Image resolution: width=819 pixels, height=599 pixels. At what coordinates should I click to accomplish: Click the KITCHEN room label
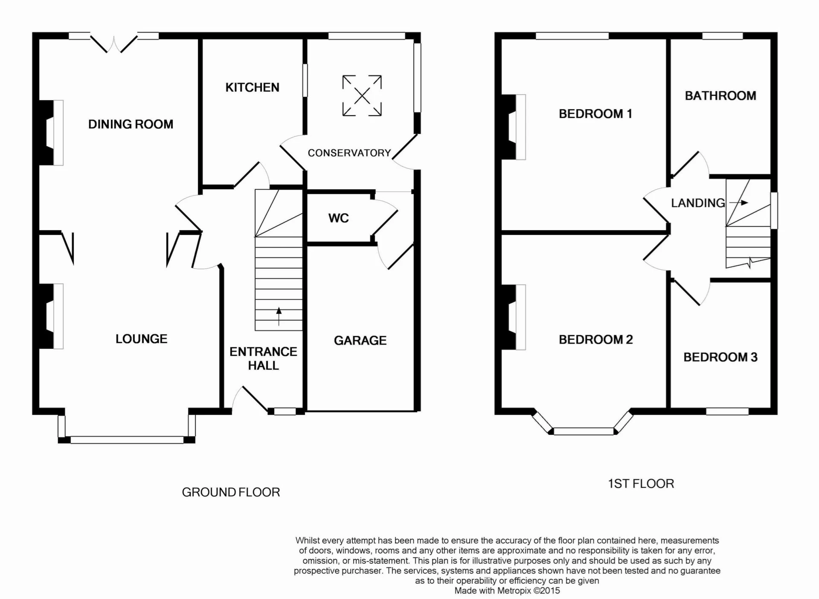(252, 87)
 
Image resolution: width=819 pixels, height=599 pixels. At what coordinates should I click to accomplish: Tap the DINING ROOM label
(131, 124)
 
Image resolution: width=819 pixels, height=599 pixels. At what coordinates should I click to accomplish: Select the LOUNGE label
(141, 339)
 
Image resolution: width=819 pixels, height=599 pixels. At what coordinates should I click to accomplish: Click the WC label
(338, 218)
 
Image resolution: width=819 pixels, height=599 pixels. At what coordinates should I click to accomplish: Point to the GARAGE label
(360, 341)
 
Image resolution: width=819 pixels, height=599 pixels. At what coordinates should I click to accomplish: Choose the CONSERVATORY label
(349, 153)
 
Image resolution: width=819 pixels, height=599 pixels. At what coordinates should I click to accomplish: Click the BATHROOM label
(720, 96)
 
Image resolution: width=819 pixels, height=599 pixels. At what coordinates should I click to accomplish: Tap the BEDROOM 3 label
(720, 357)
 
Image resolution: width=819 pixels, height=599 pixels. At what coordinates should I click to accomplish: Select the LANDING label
(698, 203)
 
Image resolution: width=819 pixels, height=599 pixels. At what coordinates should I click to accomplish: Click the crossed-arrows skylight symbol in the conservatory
(362, 95)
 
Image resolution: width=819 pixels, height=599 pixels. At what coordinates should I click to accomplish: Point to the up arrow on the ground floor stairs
(279, 316)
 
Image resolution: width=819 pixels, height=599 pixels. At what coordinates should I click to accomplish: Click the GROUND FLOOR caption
(231, 492)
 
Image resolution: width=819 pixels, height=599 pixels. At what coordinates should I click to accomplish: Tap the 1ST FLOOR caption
(641, 484)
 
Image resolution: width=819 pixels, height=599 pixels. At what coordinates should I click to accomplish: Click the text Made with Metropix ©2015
(507, 591)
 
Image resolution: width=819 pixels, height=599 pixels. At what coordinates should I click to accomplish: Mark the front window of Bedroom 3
(727, 411)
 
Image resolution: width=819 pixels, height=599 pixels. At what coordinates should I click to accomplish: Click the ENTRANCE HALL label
(263, 359)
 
